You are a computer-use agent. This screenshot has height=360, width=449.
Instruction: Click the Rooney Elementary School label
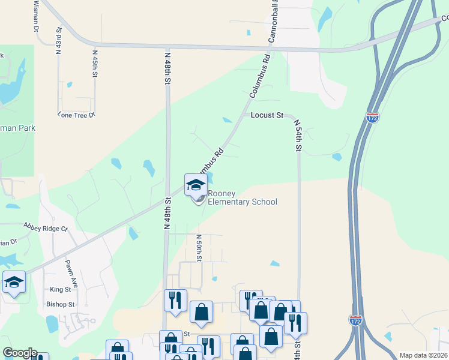(x=242, y=197)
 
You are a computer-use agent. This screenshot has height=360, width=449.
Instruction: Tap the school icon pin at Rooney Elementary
(x=196, y=185)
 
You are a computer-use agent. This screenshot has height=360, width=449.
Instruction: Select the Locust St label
(x=267, y=115)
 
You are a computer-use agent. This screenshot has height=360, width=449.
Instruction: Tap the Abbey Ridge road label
(x=46, y=227)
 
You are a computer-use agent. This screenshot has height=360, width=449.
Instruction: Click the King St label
(x=61, y=289)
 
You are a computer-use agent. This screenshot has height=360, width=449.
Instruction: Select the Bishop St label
(x=60, y=304)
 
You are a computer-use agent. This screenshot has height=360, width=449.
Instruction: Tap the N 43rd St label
(x=59, y=41)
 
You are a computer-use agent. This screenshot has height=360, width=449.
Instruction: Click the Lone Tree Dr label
(x=76, y=115)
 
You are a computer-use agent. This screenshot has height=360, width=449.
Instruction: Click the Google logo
(x=19, y=353)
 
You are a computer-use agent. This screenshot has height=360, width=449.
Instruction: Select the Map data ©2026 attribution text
(x=423, y=355)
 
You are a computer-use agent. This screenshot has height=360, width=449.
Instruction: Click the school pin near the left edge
(x=14, y=283)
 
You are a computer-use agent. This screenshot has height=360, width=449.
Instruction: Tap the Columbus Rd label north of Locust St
(x=260, y=77)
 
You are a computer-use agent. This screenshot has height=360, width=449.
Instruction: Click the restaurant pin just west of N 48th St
(x=175, y=301)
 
